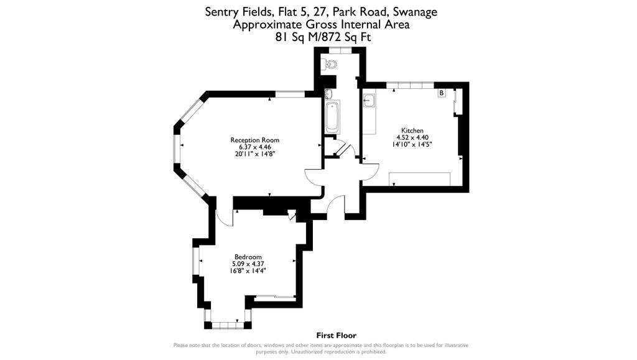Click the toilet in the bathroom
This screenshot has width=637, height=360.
pyautogui.click(x=331, y=64)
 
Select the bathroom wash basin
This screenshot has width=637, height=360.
pyautogui.click(x=328, y=94)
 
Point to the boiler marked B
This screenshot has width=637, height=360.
pyautogui.click(x=442, y=93)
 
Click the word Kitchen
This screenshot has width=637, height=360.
pyautogui.click(x=412, y=131)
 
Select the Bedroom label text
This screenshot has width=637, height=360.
pyautogui.click(x=248, y=257)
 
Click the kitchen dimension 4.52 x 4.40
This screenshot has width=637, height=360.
pyautogui.click(x=412, y=137)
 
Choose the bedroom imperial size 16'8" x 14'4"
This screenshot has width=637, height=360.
pyautogui.click(x=248, y=270)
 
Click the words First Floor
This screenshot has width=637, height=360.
pyautogui.click(x=336, y=336)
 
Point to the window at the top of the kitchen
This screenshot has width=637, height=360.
pyautogui.click(x=409, y=84)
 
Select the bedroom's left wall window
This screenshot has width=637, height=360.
pyautogui.click(x=195, y=261)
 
